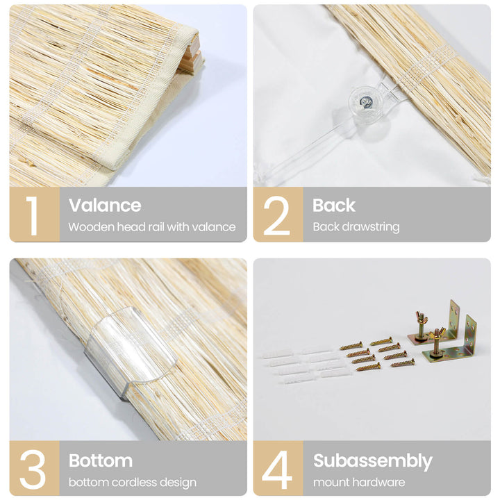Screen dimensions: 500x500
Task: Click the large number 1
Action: pyautogui.click(x=32, y=215)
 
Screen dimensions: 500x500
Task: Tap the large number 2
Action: pyautogui.click(x=276, y=215)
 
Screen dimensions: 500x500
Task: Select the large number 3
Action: pyautogui.click(x=32, y=469)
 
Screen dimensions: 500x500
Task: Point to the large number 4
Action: pyautogui.click(x=276, y=469)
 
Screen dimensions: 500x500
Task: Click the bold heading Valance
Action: pyautogui.click(x=105, y=205)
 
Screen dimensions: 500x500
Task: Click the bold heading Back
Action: pyautogui.click(x=333, y=205)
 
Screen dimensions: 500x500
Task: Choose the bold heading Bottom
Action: pyautogui.click(x=101, y=460)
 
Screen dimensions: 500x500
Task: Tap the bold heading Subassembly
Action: pyautogui.click(x=373, y=461)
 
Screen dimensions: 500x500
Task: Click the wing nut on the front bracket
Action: pyautogui.click(x=437, y=333)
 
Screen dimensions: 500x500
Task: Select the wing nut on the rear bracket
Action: pyautogui.click(x=422, y=317)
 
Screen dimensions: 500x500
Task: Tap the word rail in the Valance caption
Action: pyautogui.click(x=154, y=227)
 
